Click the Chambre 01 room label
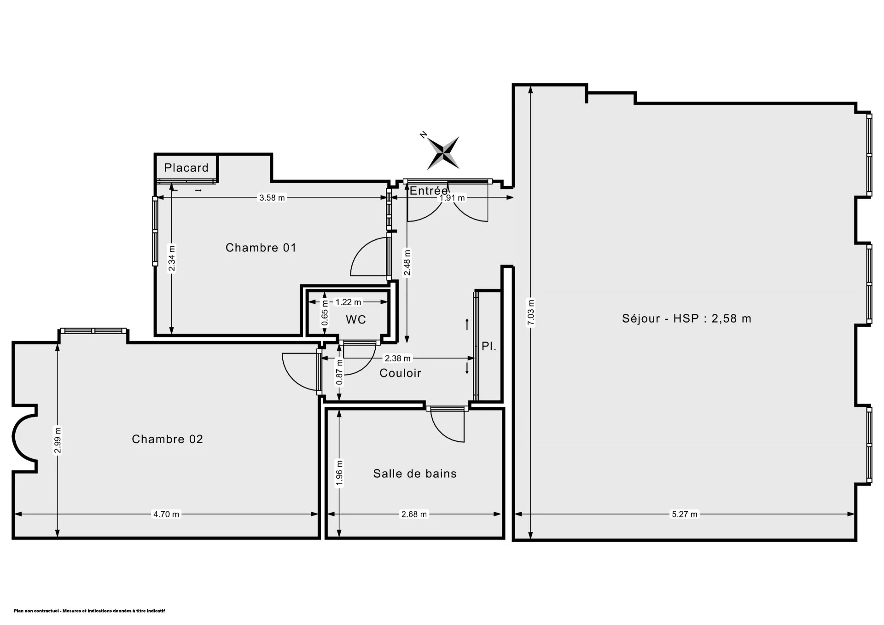(x=261, y=248)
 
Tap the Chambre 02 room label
(x=167, y=439)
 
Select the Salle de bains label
(x=415, y=474)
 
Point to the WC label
(x=356, y=319)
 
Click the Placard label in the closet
(x=186, y=168)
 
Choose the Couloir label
(x=400, y=373)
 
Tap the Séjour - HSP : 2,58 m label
(x=686, y=318)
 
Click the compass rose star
(x=443, y=153)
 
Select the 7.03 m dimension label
(x=531, y=313)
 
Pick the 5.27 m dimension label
(x=685, y=514)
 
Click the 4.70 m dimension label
(x=166, y=514)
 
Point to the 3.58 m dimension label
(x=272, y=198)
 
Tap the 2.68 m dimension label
(x=414, y=514)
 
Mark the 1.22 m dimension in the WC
(x=348, y=302)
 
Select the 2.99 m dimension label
(x=58, y=440)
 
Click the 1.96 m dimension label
(x=339, y=473)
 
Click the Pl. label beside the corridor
(x=489, y=346)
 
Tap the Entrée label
(x=429, y=191)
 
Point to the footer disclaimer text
(x=89, y=611)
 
